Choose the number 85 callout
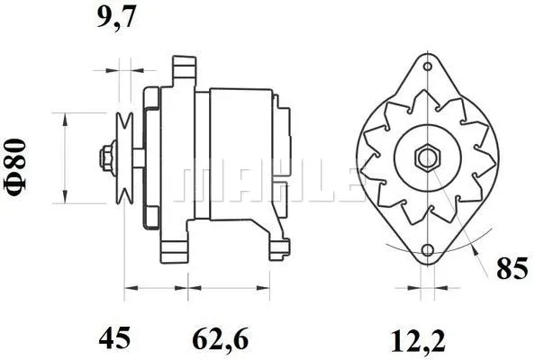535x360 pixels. pos(511,267)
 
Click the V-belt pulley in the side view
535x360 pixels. pos(127,158)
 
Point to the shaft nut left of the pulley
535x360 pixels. pos(108,158)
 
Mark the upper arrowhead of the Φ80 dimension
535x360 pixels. pos(65,118)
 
